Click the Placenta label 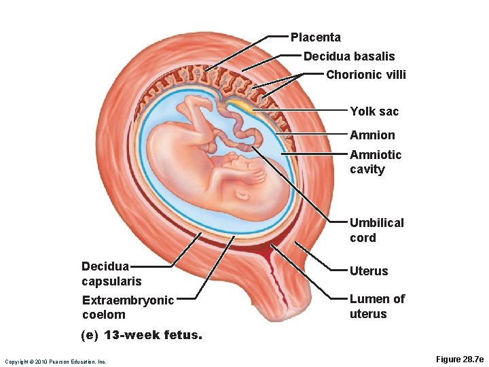point(316,37)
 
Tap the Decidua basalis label point(348,56)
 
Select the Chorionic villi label point(365,75)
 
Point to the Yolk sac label point(374,111)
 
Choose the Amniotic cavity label point(376,162)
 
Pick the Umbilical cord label point(376,230)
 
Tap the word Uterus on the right point(369,271)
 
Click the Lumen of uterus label point(377,307)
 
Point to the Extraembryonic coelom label point(127,307)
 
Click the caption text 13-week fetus point(141,335)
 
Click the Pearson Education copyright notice point(55,361)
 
